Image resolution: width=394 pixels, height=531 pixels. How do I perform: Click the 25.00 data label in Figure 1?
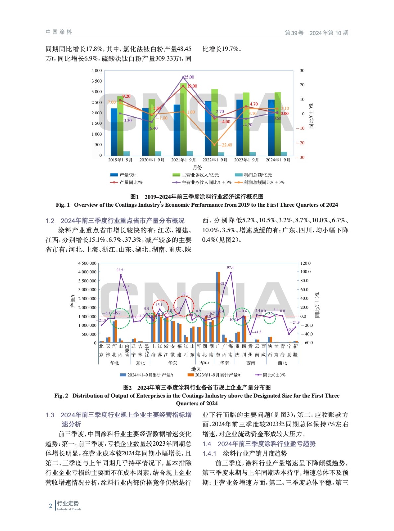click(189, 77)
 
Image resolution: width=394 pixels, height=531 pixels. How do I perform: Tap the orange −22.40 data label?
click(225, 145)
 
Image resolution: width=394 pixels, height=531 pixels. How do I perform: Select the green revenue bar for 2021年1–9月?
click(183, 119)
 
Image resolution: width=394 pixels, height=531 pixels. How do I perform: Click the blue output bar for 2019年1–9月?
click(114, 132)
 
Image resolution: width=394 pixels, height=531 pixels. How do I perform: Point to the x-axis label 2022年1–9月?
click(215, 160)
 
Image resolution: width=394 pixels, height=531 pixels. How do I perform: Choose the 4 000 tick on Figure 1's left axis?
click(97, 71)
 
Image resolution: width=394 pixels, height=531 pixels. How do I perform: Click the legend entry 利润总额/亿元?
click(258, 175)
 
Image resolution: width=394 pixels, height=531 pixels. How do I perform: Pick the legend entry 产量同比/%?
click(131, 182)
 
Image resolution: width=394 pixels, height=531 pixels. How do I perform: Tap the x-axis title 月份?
click(197, 168)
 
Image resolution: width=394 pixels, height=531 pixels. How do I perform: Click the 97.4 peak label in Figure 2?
click(230, 267)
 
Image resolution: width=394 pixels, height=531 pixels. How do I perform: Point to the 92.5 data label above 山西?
click(120, 270)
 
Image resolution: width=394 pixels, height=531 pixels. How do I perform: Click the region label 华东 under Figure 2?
click(172, 363)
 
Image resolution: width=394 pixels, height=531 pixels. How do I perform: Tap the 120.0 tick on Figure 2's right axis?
click(305, 263)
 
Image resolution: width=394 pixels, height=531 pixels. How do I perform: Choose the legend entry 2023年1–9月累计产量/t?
click(217, 375)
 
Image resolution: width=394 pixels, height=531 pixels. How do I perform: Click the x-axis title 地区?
click(196, 369)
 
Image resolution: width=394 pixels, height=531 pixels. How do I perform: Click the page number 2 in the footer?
click(51, 506)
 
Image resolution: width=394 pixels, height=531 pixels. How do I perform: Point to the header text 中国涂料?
click(59, 32)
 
